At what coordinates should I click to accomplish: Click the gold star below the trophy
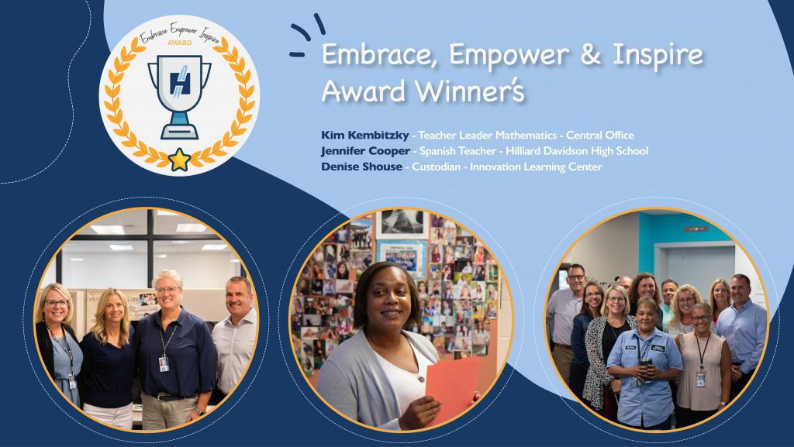(180, 160)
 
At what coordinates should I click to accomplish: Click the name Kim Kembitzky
(364, 136)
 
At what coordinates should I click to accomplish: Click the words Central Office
(601, 136)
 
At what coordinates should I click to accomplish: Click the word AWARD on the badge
(179, 43)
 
